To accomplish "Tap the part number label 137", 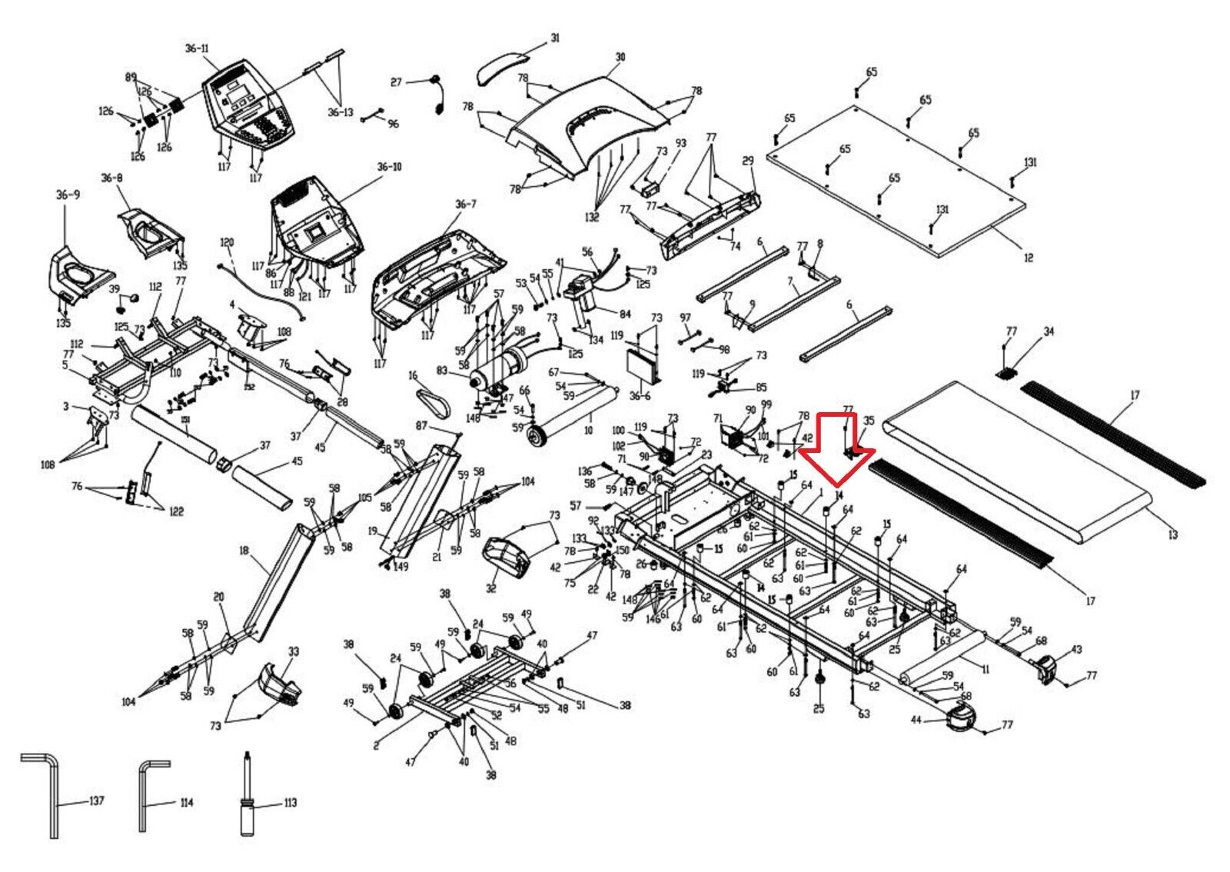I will point(95,801).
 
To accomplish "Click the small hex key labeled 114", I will point(146,796).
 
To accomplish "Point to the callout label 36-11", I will point(197,48).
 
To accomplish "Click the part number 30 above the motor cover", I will point(620,57).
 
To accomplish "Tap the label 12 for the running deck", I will point(1029,258).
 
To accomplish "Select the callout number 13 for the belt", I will point(1172,534).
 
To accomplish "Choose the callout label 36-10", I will point(389,167).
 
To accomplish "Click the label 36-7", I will point(466,204).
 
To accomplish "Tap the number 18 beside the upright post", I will point(244,551).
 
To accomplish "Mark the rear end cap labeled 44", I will point(959,718).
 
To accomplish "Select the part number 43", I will point(1076,650).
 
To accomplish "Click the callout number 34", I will point(1049,331).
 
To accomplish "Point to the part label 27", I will point(397,82).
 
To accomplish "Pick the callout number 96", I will point(394,124).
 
